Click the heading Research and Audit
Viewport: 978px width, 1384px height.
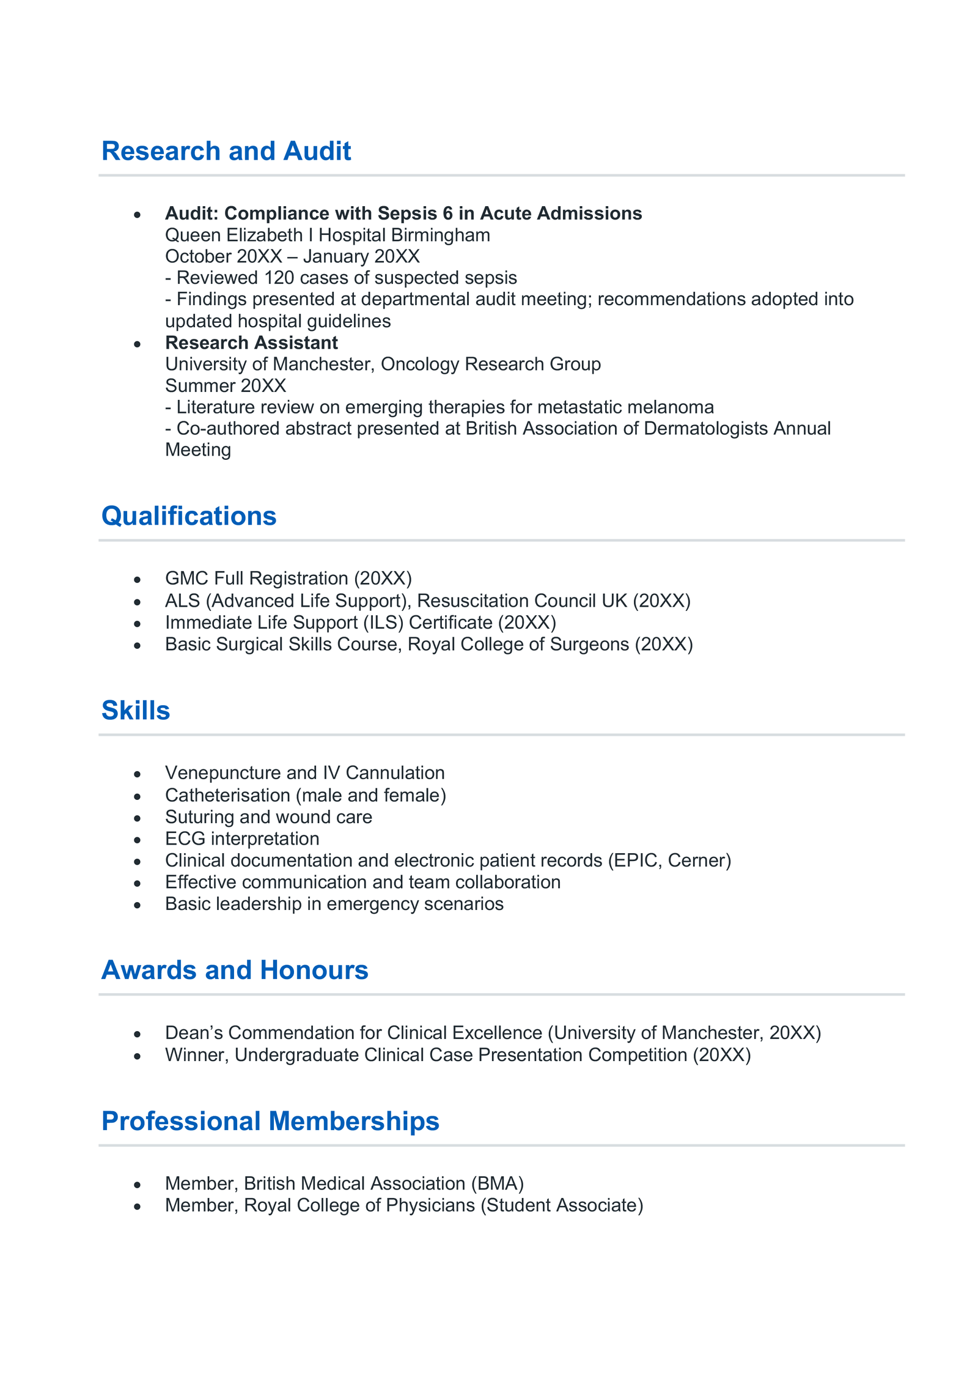[226, 151]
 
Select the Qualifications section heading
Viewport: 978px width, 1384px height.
[189, 516]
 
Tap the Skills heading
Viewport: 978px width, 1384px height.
[136, 711]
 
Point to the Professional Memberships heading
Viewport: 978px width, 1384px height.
[270, 1121]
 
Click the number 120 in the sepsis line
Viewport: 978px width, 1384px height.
[279, 278]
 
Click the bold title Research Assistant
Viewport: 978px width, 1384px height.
[251, 343]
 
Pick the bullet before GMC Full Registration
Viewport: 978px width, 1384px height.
[138, 580]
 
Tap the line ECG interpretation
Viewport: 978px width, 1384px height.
[242, 839]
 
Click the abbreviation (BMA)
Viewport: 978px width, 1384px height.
[497, 1183]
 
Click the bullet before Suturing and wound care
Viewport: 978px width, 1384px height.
[138, 818]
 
